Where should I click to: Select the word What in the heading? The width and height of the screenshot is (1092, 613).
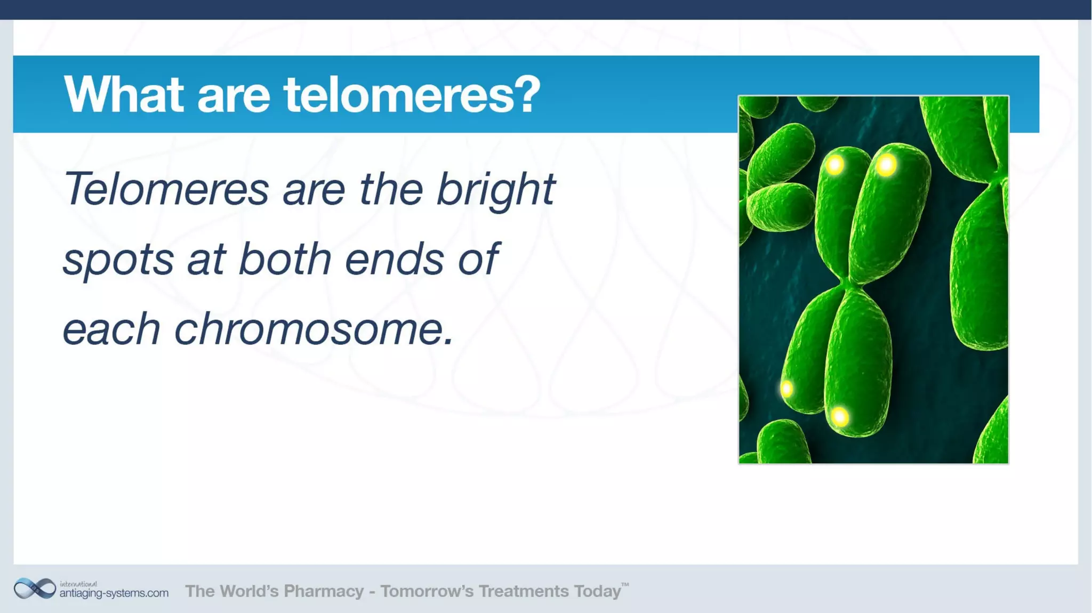click(123, 95)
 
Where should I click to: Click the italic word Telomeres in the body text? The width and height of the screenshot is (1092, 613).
click(166, 189)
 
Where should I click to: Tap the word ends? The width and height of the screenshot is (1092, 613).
click(394, 259)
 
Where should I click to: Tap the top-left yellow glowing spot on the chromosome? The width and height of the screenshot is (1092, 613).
click(835, 165)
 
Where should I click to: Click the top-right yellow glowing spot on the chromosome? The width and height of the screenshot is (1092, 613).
click(886, 165)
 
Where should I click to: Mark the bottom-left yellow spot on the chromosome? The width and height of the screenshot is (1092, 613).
click(786, 389)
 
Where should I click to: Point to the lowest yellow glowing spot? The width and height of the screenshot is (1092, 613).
click(840, 416)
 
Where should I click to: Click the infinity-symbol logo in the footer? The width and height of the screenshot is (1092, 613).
click(35, 589)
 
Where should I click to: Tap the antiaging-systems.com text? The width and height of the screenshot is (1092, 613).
click(114, 593)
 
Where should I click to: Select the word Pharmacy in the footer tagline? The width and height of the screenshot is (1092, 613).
click(323, 591)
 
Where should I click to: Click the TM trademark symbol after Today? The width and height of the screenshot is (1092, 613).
click(625, 585)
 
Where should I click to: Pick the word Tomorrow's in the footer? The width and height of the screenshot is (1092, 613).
click(427, 591)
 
